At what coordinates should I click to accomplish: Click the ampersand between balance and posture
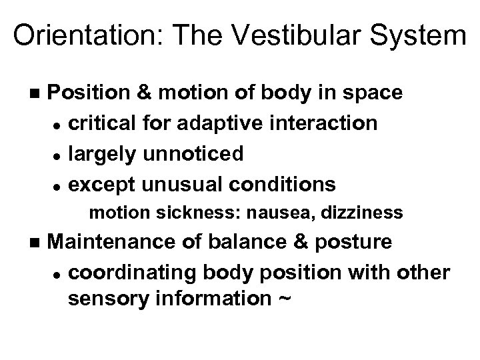point(294,241)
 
